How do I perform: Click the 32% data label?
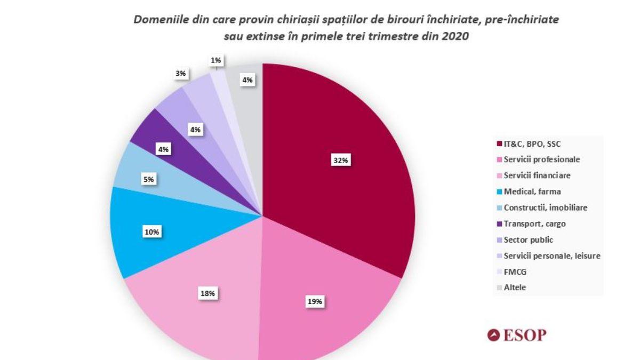coord(341,160)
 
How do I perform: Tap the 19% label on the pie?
coord(314,301)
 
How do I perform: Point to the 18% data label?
coord(207,293)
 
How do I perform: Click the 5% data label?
coord(148,180)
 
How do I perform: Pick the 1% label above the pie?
coord(216,61)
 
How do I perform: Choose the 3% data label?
coord(181,74)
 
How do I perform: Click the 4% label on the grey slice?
coord(248,80)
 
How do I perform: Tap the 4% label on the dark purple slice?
coord(163,150)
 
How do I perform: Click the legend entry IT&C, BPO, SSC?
coord(531,143)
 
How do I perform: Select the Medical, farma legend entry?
coord(532,191)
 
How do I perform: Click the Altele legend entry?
coord(515,287)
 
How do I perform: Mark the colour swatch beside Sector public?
coord(499,240)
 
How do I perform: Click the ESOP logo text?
coord(524,335)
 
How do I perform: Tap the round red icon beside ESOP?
coord(494,335)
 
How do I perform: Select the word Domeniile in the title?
coord(157,20)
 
